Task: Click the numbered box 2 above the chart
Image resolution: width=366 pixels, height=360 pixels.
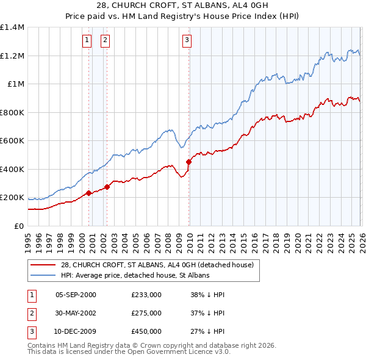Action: [105, 41]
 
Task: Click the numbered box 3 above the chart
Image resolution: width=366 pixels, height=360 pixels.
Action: [186, 41]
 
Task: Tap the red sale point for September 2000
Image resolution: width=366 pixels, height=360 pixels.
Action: [88, 193]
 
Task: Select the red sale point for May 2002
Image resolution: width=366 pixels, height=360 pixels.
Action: [107, 187]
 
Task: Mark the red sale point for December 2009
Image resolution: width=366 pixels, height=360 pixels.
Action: [188, 162]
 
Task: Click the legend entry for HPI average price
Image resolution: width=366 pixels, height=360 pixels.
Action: [135, 275]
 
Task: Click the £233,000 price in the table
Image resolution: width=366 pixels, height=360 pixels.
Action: [146, 295]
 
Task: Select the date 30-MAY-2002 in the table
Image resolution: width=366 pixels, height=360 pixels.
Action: [76, 313]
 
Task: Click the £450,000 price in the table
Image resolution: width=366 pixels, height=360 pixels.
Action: [146, 331]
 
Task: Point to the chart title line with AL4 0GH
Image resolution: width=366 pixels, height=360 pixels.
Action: [183, 5]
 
